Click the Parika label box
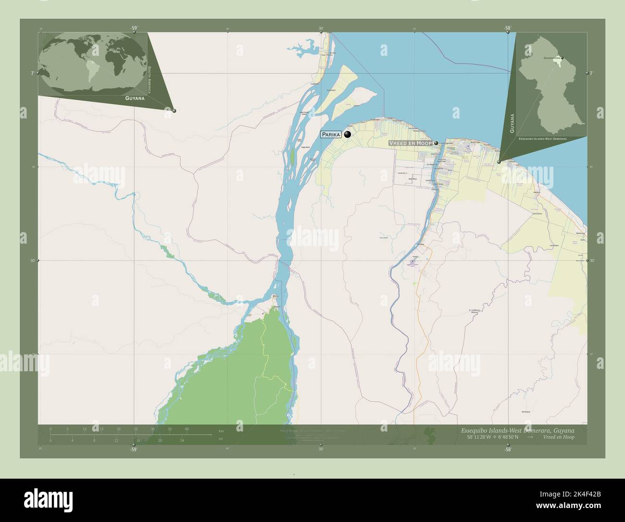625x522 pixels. click(x=331, y=135)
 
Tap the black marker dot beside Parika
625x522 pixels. click(x=348, y=135)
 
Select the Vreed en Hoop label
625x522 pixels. click(x=410, y=144)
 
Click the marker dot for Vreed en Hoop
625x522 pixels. click(x=436, y=143)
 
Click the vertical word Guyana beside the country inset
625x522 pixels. click(x=512, y=123)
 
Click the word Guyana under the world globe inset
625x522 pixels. click(x=135, y=98)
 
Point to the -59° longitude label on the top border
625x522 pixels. click(x=133, y=28)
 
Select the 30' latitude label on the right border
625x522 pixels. click(x=592, y=261)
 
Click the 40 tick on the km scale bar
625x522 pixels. click(x=186, y=429)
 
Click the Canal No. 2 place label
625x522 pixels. click(x=402, y=173)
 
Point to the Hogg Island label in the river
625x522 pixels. click(x=304, y=149)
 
